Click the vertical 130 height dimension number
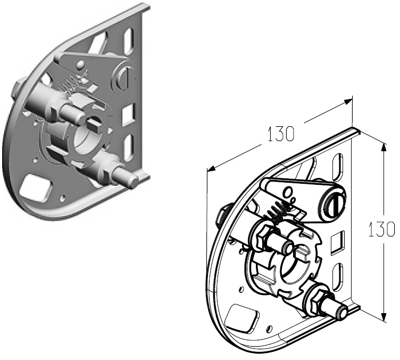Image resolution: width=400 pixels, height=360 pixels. (382, 229)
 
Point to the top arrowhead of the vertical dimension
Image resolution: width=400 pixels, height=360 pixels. (384, 148)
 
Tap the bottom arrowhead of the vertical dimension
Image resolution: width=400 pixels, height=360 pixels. (384, 316)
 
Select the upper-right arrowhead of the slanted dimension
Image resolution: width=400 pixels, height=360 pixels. (347, 101)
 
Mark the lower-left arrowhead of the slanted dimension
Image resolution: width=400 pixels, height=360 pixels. (211, 169)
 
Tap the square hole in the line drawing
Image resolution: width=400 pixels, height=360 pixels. (337, 242)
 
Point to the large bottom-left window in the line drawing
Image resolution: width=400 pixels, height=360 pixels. (242, 317)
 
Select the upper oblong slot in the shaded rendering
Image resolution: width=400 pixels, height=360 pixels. (129, 39)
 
